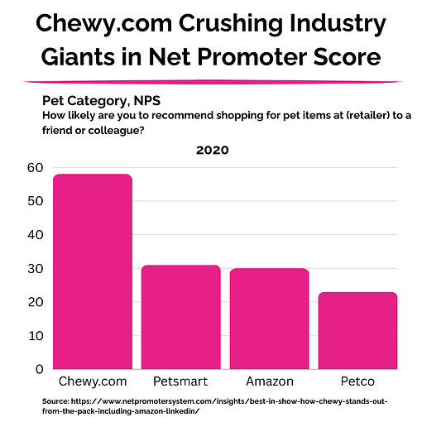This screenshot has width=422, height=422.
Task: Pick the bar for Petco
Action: pyautogui.click(x=357, y=330)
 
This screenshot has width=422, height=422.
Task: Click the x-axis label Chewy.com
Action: pyautogui.click(x=92, y=383)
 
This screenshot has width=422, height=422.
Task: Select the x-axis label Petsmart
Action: pyautogui.click(x=180, y=383)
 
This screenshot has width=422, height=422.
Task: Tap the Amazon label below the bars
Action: pyautogui.click(x=269, y=383)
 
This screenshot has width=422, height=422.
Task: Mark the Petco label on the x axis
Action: pyautogui.click(x=357, y=383)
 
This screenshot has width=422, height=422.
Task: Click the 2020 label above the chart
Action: pyautogui.click(x=213, y=151)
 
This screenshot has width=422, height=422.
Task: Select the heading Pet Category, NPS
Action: pyautogui.click(x=101, y=100)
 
